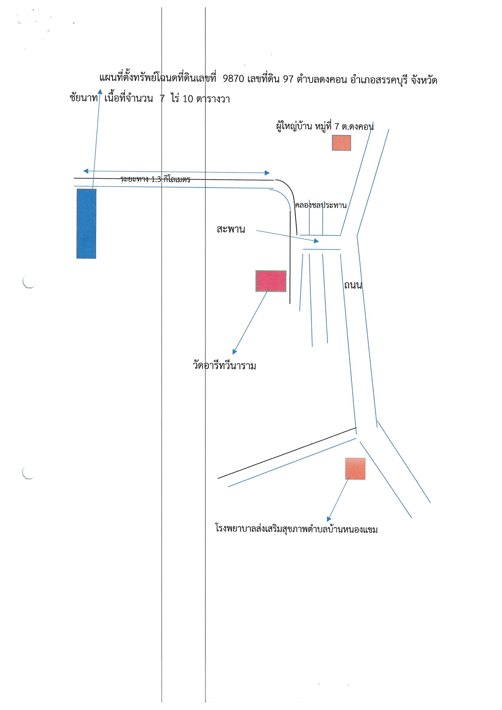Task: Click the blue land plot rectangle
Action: [x=86, y=224]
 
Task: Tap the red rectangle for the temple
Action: [x=271, y=281]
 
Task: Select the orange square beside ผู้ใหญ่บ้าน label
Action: [x=341, y=143]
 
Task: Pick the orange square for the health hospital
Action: [x=355, y=469]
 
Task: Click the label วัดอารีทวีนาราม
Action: [x=224, y=366]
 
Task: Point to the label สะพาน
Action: [x=231, y=230]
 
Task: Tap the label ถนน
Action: [x=353, y=285]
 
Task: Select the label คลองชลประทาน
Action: [x=321, y=205]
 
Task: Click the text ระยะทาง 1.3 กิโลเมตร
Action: [x=155, y=179]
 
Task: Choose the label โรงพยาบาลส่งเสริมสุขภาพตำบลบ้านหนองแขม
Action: [x=297, y=529]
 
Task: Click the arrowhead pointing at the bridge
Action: [x=316, y=241]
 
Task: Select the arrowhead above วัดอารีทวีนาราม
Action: [x=235, y=352]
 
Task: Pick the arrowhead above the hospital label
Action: [x=329, y=519]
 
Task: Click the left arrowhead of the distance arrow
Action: [x=86, y=171]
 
